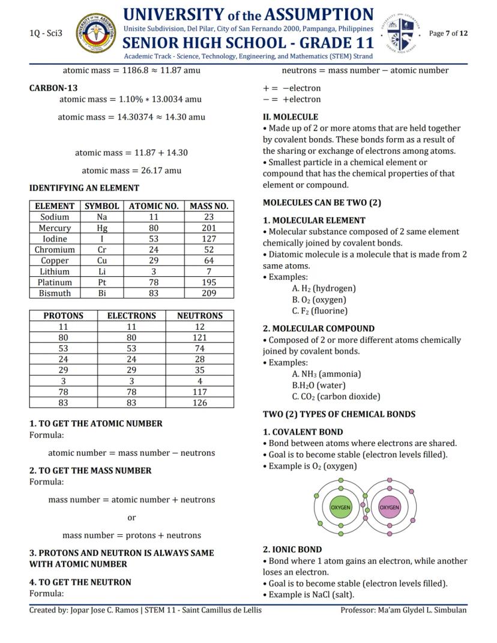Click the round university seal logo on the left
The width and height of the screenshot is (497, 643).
tap(96, 34)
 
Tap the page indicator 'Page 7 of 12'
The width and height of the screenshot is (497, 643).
tap(448, 33)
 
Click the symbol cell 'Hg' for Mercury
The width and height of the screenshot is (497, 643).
tap(102, 228)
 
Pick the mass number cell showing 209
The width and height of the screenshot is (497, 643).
tap(208, 293)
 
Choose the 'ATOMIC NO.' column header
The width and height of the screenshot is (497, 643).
tap(154, 206)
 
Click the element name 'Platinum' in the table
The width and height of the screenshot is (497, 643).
tap(55, 282)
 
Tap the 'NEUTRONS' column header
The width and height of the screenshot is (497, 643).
tap(200, 316)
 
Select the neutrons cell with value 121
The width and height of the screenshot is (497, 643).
tap(200, 338)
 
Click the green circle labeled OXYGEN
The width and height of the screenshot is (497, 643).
tap(340, 507)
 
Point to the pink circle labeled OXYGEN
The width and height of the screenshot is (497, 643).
tap(389, 507)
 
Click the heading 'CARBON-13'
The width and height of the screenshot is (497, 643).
tap(53, 88)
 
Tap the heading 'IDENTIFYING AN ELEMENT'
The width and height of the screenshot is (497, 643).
tap(84, 188)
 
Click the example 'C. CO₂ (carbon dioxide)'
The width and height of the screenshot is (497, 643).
tap(336, 396)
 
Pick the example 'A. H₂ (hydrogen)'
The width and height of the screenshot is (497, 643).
tap(324, 289)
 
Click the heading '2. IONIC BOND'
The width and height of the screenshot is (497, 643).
tap(292, 549)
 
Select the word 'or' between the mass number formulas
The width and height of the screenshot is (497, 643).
tap(131, 518)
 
